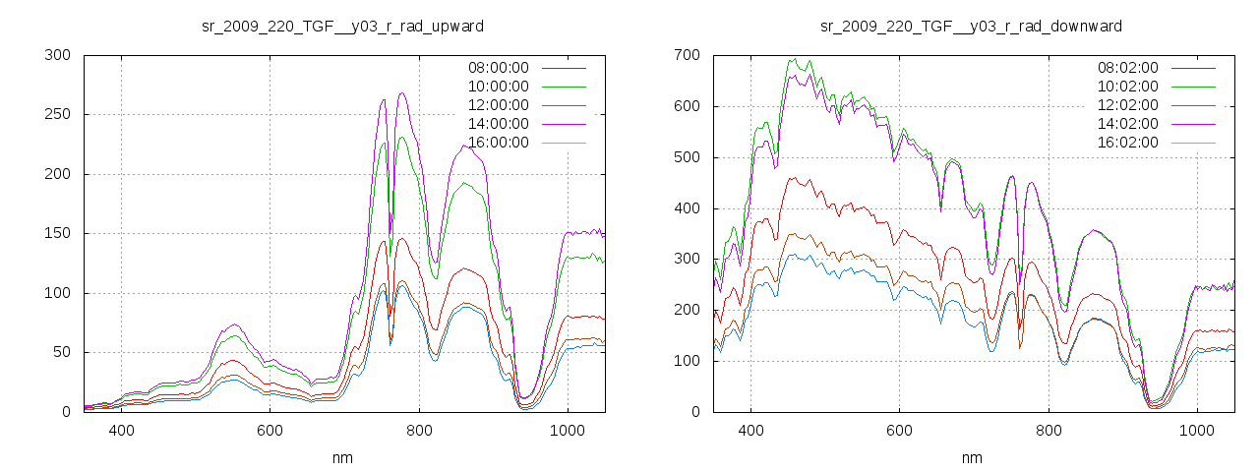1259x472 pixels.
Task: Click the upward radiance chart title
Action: click(342, 25)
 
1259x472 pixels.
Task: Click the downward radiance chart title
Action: click(972, 25)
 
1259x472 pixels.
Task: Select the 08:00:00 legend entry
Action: click(498, 68)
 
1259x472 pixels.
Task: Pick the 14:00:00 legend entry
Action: click(498, 124)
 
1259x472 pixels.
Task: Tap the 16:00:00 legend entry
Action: click(498, 143)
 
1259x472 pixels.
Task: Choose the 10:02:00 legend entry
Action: click(1127, 87)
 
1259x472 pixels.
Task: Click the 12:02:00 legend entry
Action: click(1127, 105)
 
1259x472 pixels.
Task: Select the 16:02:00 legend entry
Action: click(1127, 143)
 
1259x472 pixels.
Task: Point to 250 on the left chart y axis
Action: click(57, 114)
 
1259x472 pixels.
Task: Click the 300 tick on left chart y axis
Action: click(57, 55)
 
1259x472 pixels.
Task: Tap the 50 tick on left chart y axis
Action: click(61, 352)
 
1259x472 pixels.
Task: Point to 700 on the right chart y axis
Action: click(687, 55)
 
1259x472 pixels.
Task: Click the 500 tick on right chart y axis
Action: click(687, 157)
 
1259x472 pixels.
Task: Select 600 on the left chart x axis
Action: click(270, 431)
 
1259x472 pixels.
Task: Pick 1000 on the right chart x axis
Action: click(1197, 431)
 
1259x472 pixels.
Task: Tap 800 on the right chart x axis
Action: click(1049, 431)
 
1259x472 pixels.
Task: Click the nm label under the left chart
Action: click(342, 457)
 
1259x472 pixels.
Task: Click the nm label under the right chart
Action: click(972, 457)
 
